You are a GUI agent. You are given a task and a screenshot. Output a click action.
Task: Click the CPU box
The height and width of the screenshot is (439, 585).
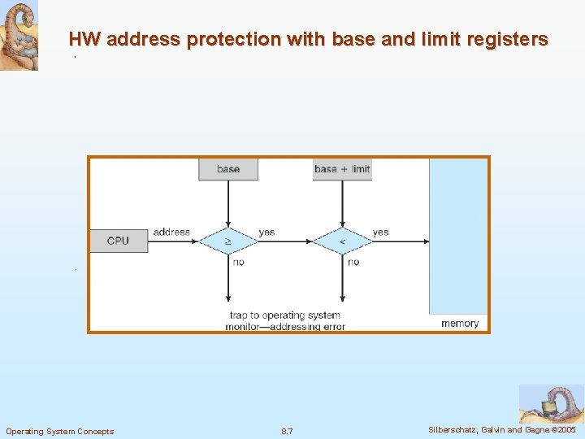118,241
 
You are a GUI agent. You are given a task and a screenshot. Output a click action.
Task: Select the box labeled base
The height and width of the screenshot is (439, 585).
228,169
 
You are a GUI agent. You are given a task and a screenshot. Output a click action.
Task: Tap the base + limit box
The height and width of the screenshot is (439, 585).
342,169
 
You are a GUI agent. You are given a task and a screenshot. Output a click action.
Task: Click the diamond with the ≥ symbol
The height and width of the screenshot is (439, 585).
228,241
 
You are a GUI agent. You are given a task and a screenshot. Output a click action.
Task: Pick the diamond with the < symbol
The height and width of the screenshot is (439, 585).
342,241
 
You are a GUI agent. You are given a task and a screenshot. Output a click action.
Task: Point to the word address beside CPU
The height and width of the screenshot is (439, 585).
171,233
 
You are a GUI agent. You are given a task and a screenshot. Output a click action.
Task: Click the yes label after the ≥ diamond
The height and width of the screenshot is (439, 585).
266,233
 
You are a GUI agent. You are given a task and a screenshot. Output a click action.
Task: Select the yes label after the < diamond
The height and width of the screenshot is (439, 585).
380,233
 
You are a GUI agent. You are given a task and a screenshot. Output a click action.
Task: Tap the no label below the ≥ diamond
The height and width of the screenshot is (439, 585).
238,262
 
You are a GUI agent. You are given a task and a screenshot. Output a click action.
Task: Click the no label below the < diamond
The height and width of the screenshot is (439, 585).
353,262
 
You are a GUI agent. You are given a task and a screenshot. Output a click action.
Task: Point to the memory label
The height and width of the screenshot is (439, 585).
460,324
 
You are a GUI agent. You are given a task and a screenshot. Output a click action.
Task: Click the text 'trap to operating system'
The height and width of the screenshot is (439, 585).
285,315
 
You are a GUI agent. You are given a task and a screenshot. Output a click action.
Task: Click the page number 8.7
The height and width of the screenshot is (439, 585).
287,431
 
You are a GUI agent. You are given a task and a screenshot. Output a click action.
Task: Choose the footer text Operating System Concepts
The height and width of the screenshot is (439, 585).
60,431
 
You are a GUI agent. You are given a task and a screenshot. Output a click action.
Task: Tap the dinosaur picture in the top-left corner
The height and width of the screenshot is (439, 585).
19,36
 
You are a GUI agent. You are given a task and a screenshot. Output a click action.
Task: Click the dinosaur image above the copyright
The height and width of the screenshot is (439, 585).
551,403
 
